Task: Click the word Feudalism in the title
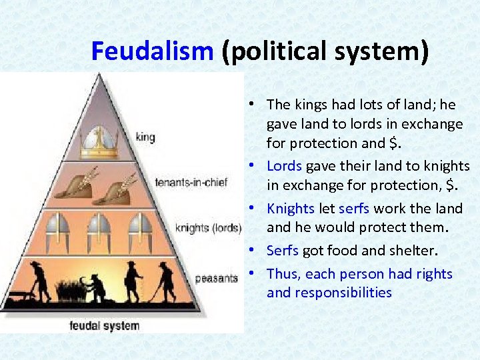pyautogui.click(x=151, y=51)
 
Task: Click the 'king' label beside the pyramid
pyautogui.click(x=145, y=137)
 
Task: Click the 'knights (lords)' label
pyautogui.click(x=207, y=228)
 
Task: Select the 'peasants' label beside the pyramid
pyautogui.click(x=216, y=277)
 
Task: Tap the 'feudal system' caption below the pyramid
pyautogui.click(x=105, y=325)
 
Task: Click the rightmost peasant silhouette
pyautogui.click(x=165, y=280)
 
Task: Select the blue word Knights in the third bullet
pyautogui.click(x=291, y=209)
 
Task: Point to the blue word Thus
pyautogui.click(x=283, y=274)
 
